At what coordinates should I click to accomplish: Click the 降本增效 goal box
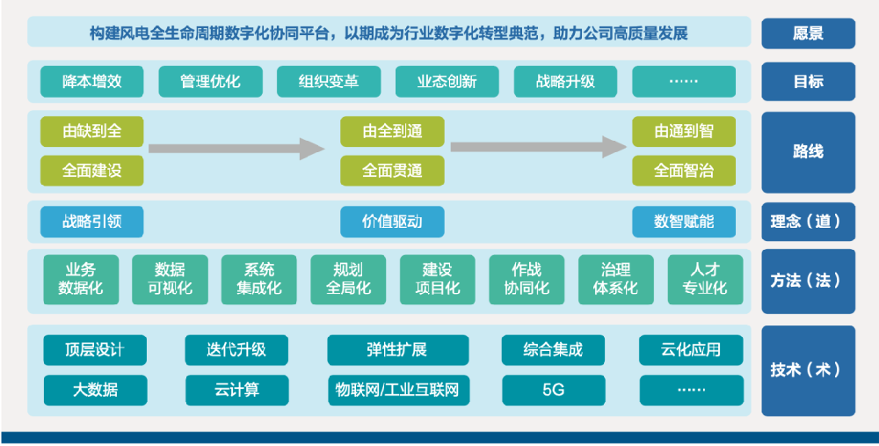click(92, 82)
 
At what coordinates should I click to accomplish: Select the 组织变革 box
click(329, 82)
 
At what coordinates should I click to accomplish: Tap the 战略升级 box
click(565, 82)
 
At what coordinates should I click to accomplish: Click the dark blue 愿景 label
click(808, 33)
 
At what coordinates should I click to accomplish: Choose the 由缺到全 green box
click(92, 132)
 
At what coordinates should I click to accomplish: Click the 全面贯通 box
click(392, 170)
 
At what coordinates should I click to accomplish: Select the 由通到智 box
click(684, 132)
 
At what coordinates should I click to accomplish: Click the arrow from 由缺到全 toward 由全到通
click(236, 149)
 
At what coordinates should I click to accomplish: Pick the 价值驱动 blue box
click(392, 222)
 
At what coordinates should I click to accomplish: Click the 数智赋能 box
click(684, 222)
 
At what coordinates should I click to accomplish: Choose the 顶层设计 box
click(95, 350)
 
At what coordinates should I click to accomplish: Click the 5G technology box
click(554, 390)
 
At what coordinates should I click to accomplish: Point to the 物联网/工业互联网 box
click(398, 390)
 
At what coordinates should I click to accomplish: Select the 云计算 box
click(236, 390)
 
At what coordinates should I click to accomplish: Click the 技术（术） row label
click(808, 370)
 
